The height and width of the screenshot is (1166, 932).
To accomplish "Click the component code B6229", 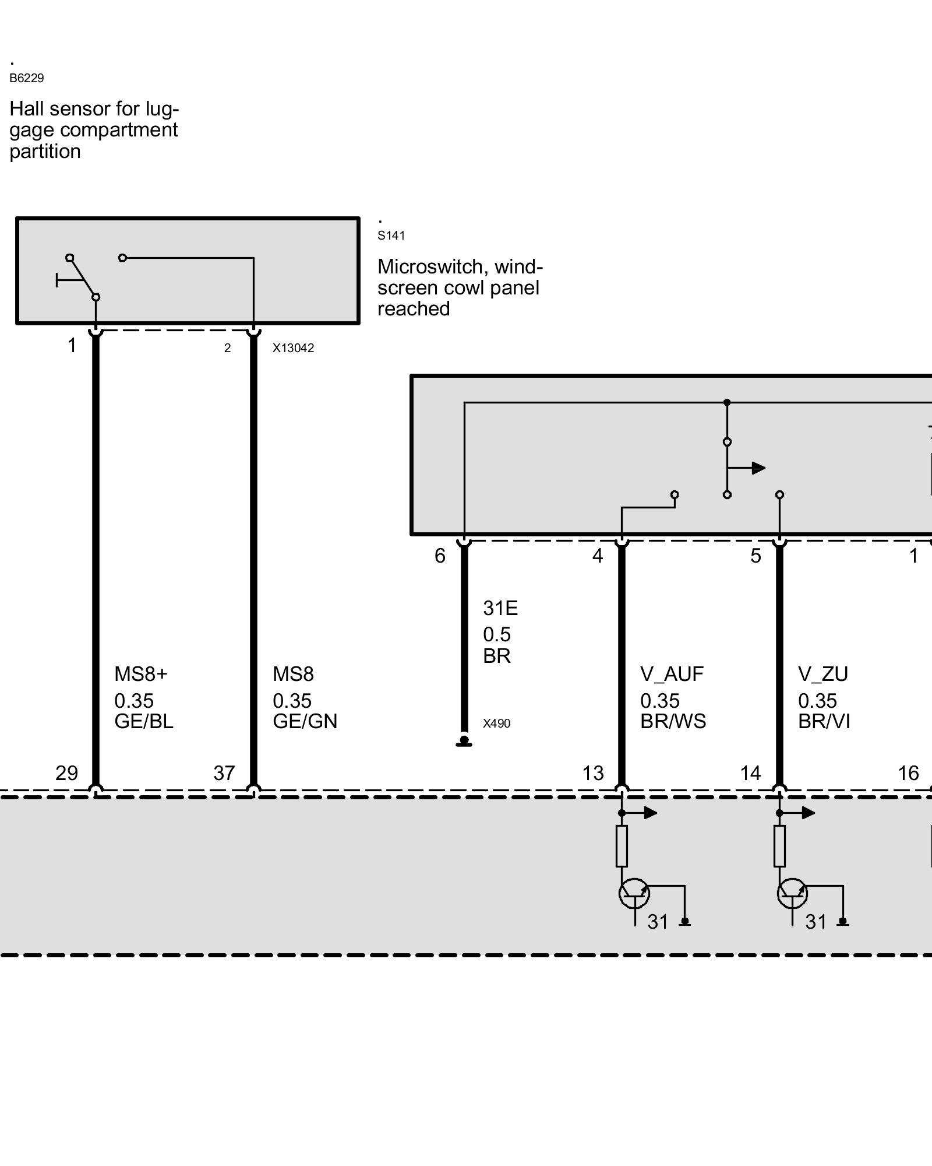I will point(26,78).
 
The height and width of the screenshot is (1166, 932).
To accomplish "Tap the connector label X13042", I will point(293,348).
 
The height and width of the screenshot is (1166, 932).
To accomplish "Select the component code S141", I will point(391,236).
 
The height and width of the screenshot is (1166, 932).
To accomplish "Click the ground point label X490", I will point(496,724).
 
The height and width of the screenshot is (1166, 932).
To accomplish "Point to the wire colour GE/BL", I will point(144,722).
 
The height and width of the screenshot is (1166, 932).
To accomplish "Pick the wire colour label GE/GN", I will point(305,722).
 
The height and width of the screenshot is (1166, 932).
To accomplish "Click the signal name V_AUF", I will point(672,675).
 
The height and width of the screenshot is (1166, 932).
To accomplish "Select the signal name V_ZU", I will point(823,675).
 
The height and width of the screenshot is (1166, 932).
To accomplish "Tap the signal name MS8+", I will point(140,675).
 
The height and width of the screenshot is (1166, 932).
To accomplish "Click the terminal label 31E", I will point(500,609).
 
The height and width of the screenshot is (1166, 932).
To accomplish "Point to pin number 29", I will point(66,773).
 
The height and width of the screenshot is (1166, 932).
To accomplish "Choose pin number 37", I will point(224,773).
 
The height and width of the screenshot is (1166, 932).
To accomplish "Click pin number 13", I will point(593,773).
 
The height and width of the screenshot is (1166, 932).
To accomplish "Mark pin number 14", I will point(750,773).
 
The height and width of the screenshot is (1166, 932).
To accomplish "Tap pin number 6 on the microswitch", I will point(440,556).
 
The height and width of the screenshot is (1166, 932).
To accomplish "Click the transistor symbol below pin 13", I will point(633,893).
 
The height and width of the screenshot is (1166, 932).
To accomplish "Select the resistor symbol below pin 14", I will point(779,846).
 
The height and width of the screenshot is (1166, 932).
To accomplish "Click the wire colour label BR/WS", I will point(673,722).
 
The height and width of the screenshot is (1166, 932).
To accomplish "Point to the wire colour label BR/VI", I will point(824,722).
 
